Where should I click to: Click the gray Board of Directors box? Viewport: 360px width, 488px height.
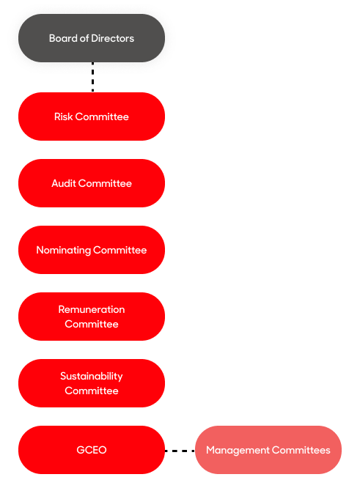pos(92,38)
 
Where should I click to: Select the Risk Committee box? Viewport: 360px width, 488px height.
pos(92,117)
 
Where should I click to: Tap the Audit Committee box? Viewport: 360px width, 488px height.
pos(92,183)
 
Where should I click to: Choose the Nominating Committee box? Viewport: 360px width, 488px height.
pos(92,250)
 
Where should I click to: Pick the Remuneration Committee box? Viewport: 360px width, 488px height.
pos(92,317)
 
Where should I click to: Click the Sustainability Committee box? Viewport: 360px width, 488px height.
pos(92,383)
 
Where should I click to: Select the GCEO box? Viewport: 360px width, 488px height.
pos(92,450)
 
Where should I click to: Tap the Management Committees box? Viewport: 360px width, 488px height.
pos(268,450)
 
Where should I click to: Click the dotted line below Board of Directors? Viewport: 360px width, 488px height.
pos(93,77)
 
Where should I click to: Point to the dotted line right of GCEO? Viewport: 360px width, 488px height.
pos(180,451)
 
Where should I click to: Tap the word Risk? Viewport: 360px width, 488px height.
pos(64,117)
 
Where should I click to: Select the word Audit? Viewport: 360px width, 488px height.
pos(64,183)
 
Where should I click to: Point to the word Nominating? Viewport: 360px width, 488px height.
pos(64,250)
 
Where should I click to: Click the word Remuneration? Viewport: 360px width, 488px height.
pos(92,309)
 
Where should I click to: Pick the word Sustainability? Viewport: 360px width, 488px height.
pos(92,377)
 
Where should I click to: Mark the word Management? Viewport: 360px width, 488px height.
pos(238,451)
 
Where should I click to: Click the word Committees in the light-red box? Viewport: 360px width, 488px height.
pos(301,450)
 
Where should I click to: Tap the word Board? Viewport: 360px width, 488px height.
pos(63,38)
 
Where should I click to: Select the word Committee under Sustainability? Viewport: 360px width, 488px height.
pos(92,391)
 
